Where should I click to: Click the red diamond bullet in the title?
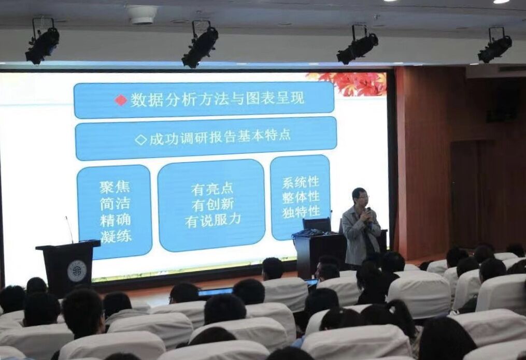click(x=121, y=100)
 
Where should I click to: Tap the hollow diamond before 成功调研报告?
click(x=141, y=140)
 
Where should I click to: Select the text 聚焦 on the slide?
click(x=115, y=187)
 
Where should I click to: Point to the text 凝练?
click(x=116, y=236)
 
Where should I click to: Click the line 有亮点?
click(x=212, y=190)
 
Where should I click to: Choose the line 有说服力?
click(x=213, y=220)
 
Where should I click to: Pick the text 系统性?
click(x=301, y=183)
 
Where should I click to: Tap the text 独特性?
click(x=301, y=212)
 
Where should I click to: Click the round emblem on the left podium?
click(x=77, y=271)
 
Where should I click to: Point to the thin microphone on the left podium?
click(x=69, y=229)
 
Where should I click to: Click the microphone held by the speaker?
click(x=368, y=214)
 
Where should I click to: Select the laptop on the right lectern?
click(x=317, y=225)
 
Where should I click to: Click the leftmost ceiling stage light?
click(x=42, y=42)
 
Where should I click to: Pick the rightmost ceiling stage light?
click(x=495, y=45)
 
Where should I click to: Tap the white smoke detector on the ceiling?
click(x=142, y=15)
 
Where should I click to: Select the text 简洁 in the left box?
click(x=115, y=204)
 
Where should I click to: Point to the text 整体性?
click(x=301, y=197)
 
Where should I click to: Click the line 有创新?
click(x=212, y=205)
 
